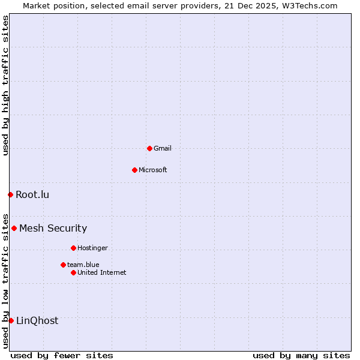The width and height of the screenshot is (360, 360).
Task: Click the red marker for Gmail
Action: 149,148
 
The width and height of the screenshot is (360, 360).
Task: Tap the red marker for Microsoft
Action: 134,170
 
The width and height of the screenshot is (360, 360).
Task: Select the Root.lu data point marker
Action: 10,194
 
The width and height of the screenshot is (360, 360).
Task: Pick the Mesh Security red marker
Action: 14,228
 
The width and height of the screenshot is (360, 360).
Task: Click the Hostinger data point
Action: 73,248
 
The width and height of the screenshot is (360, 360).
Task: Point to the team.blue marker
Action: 63,265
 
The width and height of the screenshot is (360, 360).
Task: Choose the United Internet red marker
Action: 73,272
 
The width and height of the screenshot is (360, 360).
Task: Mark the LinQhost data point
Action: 11,320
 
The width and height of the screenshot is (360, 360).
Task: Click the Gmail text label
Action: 163,148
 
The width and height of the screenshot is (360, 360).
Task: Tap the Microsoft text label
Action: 153,170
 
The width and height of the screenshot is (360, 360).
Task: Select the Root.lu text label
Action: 32,194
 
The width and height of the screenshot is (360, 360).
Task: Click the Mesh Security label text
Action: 53,228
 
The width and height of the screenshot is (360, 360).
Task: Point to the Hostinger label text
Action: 92,248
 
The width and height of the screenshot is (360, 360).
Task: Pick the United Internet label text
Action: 102,272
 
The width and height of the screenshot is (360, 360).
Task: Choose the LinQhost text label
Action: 37,320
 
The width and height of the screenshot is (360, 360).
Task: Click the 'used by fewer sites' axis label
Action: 62,355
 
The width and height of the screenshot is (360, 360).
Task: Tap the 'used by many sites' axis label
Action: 301,355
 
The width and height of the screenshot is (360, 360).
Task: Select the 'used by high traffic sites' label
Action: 5,85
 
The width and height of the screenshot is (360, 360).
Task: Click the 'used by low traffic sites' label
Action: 5,280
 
